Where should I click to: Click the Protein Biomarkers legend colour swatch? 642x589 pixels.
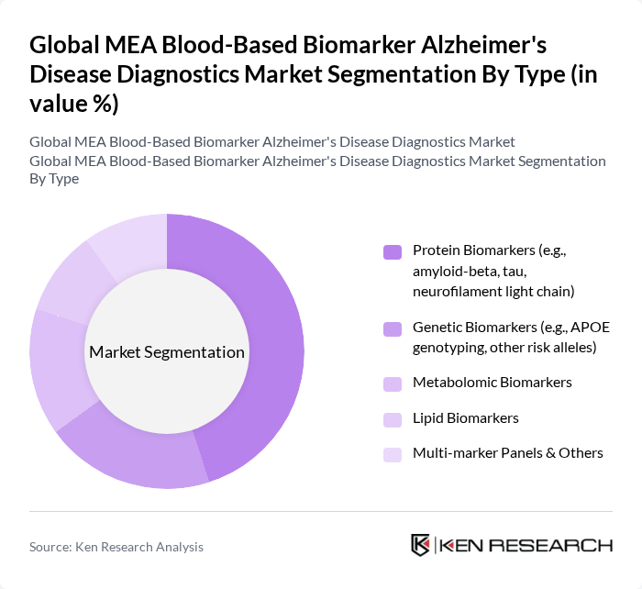click(393, 251)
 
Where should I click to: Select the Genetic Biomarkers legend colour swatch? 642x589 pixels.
click(393, 328)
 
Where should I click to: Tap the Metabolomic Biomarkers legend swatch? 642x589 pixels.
click(393, 383)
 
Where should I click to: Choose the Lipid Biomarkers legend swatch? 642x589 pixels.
click(393, 419)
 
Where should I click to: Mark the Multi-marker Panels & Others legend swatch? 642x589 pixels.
click(393, 454)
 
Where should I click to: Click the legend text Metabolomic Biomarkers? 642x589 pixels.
click(492, 382)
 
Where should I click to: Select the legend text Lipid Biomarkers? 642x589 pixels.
click(465, 417)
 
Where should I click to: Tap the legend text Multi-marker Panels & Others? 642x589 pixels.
click(507, 453)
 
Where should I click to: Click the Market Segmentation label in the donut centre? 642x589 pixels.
click(167, 352)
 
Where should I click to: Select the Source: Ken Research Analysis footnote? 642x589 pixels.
click(116, 547)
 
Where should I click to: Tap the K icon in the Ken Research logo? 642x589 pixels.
click(421, 545)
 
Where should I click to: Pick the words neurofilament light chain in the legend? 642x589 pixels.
click(493, 292)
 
